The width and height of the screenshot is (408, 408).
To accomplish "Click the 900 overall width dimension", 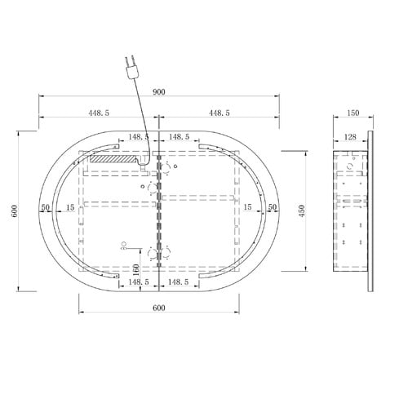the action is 159,92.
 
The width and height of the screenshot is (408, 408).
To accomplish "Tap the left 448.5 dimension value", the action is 99,113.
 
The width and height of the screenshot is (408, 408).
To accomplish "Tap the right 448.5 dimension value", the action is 220,113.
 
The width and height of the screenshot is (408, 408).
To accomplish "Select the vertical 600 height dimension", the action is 15,211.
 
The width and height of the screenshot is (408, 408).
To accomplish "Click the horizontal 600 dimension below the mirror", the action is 159,308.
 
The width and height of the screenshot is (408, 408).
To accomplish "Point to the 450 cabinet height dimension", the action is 302,211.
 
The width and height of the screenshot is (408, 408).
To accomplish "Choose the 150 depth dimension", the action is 353,113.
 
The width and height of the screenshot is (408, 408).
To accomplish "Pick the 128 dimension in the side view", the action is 350,137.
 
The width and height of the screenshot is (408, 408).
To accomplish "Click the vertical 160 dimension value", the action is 136,269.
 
